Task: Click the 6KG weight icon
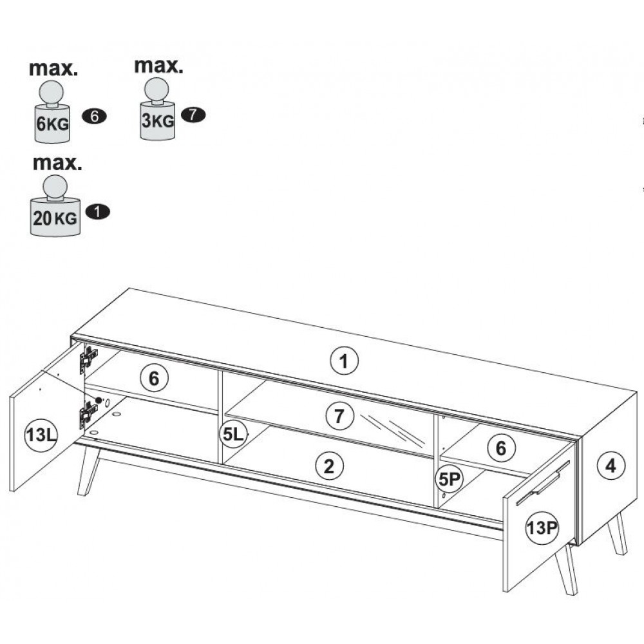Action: coord(52,112)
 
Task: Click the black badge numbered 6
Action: coord(95,117)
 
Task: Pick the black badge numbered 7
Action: coord(193,115)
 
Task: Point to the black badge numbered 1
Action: coord(98,212)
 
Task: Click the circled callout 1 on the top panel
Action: coord(344,361)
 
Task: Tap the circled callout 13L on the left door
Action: coord(41,435)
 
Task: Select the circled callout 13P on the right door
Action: coord(542,528)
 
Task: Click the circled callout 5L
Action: coord(234,433)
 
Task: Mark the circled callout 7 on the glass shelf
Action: coord(339,416)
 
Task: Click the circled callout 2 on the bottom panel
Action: coord(329,466)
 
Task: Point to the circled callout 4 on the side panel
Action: coord(611,466)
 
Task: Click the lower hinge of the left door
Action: coord(88,415)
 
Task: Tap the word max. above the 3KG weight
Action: coord(158,66)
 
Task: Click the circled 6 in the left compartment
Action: coord(154,378)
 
